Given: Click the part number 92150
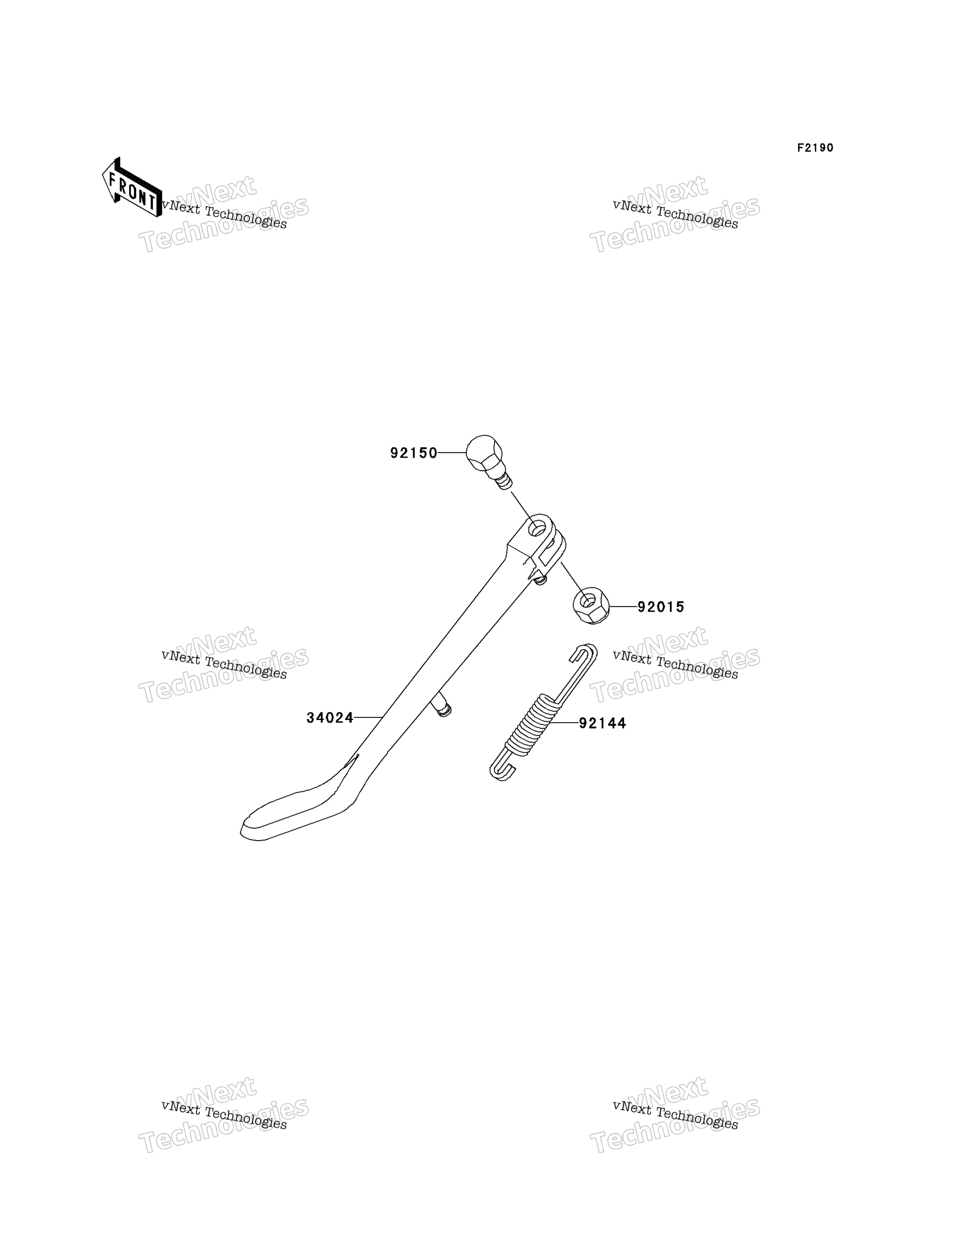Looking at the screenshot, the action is point(414,453).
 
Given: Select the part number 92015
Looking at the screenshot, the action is point(661,607).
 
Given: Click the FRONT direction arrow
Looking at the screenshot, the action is point(132,188).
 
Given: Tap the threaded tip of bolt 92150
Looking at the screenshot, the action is point(503,482).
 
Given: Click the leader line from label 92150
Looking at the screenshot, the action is point(452,453).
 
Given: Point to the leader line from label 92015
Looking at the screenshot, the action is point(623,607).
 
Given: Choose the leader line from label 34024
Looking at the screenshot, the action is point(368,717).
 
